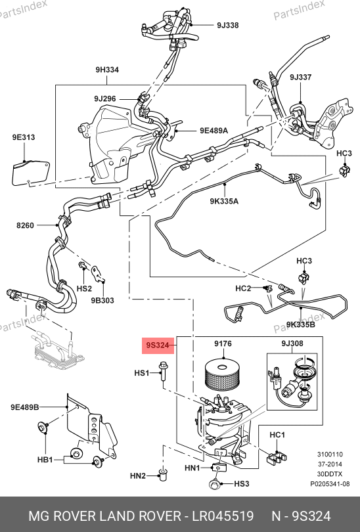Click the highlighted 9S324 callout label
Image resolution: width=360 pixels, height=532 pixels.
(x=158, y=345)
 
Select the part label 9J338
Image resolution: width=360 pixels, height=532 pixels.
(x=228, y=25)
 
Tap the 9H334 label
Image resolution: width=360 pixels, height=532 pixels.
(x=107, y=70)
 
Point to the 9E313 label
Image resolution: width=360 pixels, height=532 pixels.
(x=24, y=137)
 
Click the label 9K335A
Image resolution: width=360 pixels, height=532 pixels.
(x=224, y=201)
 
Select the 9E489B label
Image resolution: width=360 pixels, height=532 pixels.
(x=24, y=407)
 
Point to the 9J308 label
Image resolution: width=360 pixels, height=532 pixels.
(x=292, y=344)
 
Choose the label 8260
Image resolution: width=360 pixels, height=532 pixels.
(x=25, y=225)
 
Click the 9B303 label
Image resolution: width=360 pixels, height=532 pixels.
(x=102, y=300)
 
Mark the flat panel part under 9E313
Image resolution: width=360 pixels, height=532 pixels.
(x=31, y=173)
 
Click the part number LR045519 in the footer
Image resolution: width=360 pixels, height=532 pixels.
(x=223, y=516)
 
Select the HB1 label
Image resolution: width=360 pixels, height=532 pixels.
(x=45, y=460)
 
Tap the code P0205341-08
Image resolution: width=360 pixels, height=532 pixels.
(x=330, y=484)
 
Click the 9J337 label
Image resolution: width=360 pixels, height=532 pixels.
(x=301, y=77)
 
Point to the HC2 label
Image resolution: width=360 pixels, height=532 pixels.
(x=243, y=288)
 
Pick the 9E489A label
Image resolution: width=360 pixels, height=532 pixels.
(x=214, y=130)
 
